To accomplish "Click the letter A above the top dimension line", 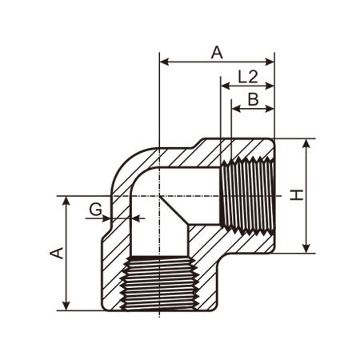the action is click(x=217, y=52).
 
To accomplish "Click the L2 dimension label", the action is click(x=248, y=77).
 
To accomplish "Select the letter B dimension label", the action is click(x=253, y=99).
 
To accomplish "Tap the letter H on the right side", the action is click(x=297, y=195).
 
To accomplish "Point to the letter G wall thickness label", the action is click(x=95, y=210).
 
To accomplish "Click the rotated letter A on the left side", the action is click(x=57, y=253).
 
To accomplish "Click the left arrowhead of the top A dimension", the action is click(x=164, y=62).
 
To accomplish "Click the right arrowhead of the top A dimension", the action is click(x=270, y=62).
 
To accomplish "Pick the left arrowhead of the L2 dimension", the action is click(x=226, y=86).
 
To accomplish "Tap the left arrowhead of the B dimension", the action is click(x=236, y=109).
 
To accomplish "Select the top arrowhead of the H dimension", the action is click(x=306, y=143).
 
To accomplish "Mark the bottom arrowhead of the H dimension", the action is click(x=306, y=248).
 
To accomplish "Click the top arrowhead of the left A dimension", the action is click(x=66, y=202).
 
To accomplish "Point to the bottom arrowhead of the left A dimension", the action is click(x=66, y=306).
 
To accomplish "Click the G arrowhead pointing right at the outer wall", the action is click(x=106, y=218).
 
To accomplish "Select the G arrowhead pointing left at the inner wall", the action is click(x=135, y=218).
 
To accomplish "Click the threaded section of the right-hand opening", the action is click(x=248, y=196).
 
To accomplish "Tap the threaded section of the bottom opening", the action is click(x=159, y=283).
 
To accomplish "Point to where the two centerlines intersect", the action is click(x=159, y=196).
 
